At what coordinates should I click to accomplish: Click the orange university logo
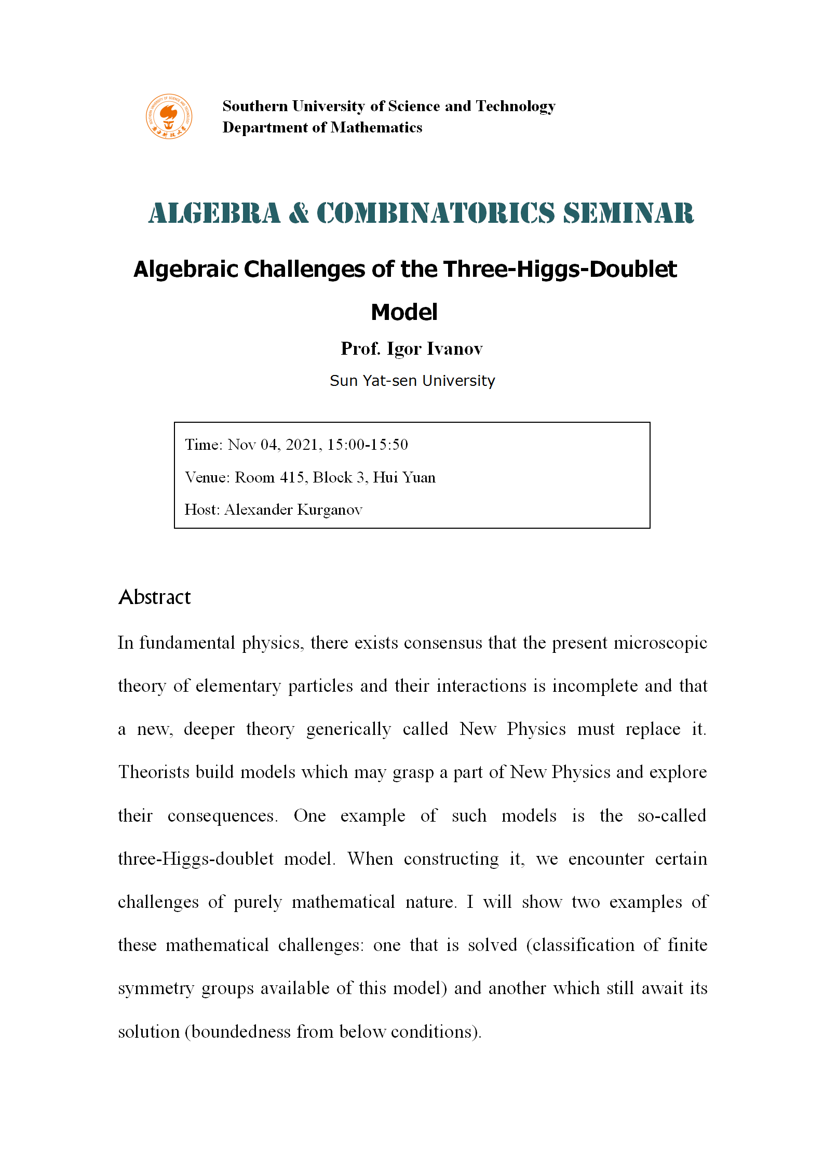[x=169, y=116]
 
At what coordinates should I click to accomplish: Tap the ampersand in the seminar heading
[x=299, y=213]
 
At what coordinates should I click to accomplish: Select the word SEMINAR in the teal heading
[x=628, y=213]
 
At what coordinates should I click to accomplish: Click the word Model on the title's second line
[x=404, y=313]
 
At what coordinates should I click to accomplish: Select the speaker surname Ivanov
[x=455, y=349]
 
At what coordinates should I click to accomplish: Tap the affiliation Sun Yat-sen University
[x=412, y=381]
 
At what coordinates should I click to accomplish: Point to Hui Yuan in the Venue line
[x=404, y=477]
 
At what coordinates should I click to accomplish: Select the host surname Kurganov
[x=329, y=510]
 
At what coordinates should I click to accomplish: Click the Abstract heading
[x=155, y=597]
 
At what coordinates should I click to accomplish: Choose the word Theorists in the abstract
[x=154, y=772]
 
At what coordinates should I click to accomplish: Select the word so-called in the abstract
[x=672, y=815]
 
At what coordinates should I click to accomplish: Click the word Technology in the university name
[x=516, y=106]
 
